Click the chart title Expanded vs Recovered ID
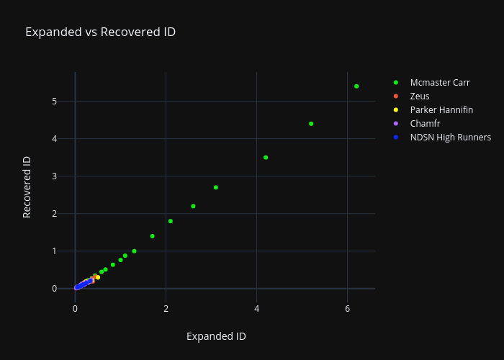(x=100, y=32)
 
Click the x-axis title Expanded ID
(x=216, y=336)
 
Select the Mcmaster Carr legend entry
(x=440, y=82)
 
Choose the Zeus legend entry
(x=420, y=96)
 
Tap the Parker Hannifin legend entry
(x=441, y=109)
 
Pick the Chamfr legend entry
(x=425, y=123)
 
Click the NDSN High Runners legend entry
(x=450, y=137)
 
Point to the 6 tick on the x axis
(x=347, y=308)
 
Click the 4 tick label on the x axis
(x=256, y=308)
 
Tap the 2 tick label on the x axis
(x=166, y=308)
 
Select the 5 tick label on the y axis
(x=54, y=101)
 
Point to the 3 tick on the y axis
(x=54, y=176)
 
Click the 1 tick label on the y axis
(x=54, y=251)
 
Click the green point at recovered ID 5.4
(x=356, y=86)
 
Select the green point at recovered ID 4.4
(x=311, y=124)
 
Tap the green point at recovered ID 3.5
(x=266, y=157)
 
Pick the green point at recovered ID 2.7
(x=216, y=187)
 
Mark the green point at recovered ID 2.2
(x=193, y=206)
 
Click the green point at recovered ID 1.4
(x=152, y=236)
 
